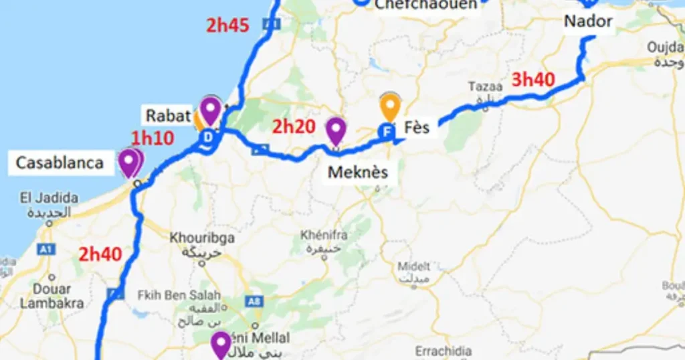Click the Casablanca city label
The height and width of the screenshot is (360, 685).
point(60,163)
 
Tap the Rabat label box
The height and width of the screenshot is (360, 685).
point(169,116)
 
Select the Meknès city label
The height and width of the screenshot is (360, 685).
point(358,173)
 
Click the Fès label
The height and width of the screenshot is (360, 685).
point(417,126)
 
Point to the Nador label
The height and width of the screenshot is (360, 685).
point(588,21)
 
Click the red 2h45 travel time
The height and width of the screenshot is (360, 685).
point(227,25)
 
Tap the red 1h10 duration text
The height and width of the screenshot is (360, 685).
point(153,139)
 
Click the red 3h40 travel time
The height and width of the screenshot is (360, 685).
point(533,80)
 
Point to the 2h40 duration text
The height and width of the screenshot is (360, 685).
point(100,254)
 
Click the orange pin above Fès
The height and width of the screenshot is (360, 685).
point(390,107)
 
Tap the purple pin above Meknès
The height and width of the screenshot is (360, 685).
point(335,130)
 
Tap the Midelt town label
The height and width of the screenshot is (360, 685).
point(414,266)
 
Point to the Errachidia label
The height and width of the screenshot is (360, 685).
point(444,351)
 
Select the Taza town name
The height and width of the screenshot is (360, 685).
point(485,86)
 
